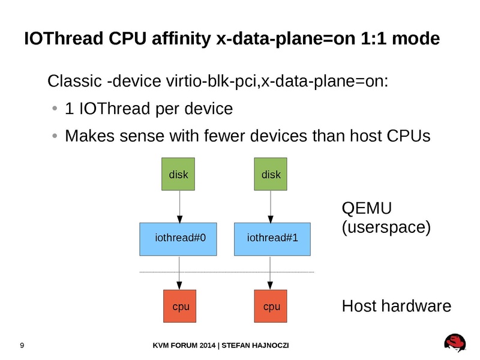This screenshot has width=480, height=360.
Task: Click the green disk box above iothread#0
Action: pyautogui.click(x=179, y=174)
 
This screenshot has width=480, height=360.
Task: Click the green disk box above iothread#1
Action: pyautogui.click(x=271, y=174)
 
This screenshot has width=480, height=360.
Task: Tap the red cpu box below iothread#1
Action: pyautogui.click(x=272, y=307)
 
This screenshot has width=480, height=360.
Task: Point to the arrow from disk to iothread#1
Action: pyautogui.click(x=271, y=206)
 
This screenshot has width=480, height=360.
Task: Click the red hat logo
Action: pyautogui.click(x=455, y=343)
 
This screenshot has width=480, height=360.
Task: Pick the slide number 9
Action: pyautogui.click(x=22, y=346)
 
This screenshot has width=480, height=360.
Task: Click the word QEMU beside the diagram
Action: pyautogui.click(x=367, y=209)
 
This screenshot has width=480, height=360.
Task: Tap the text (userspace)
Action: pyautogui.click(x=386, y=228)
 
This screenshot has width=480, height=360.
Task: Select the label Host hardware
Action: pyautogui.click(x=396, y=307)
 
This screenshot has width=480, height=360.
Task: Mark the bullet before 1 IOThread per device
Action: pyautogui.click(x=55, y=109)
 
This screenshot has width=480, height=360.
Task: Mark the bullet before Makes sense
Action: pyautogui.click(x=55, y=136)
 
